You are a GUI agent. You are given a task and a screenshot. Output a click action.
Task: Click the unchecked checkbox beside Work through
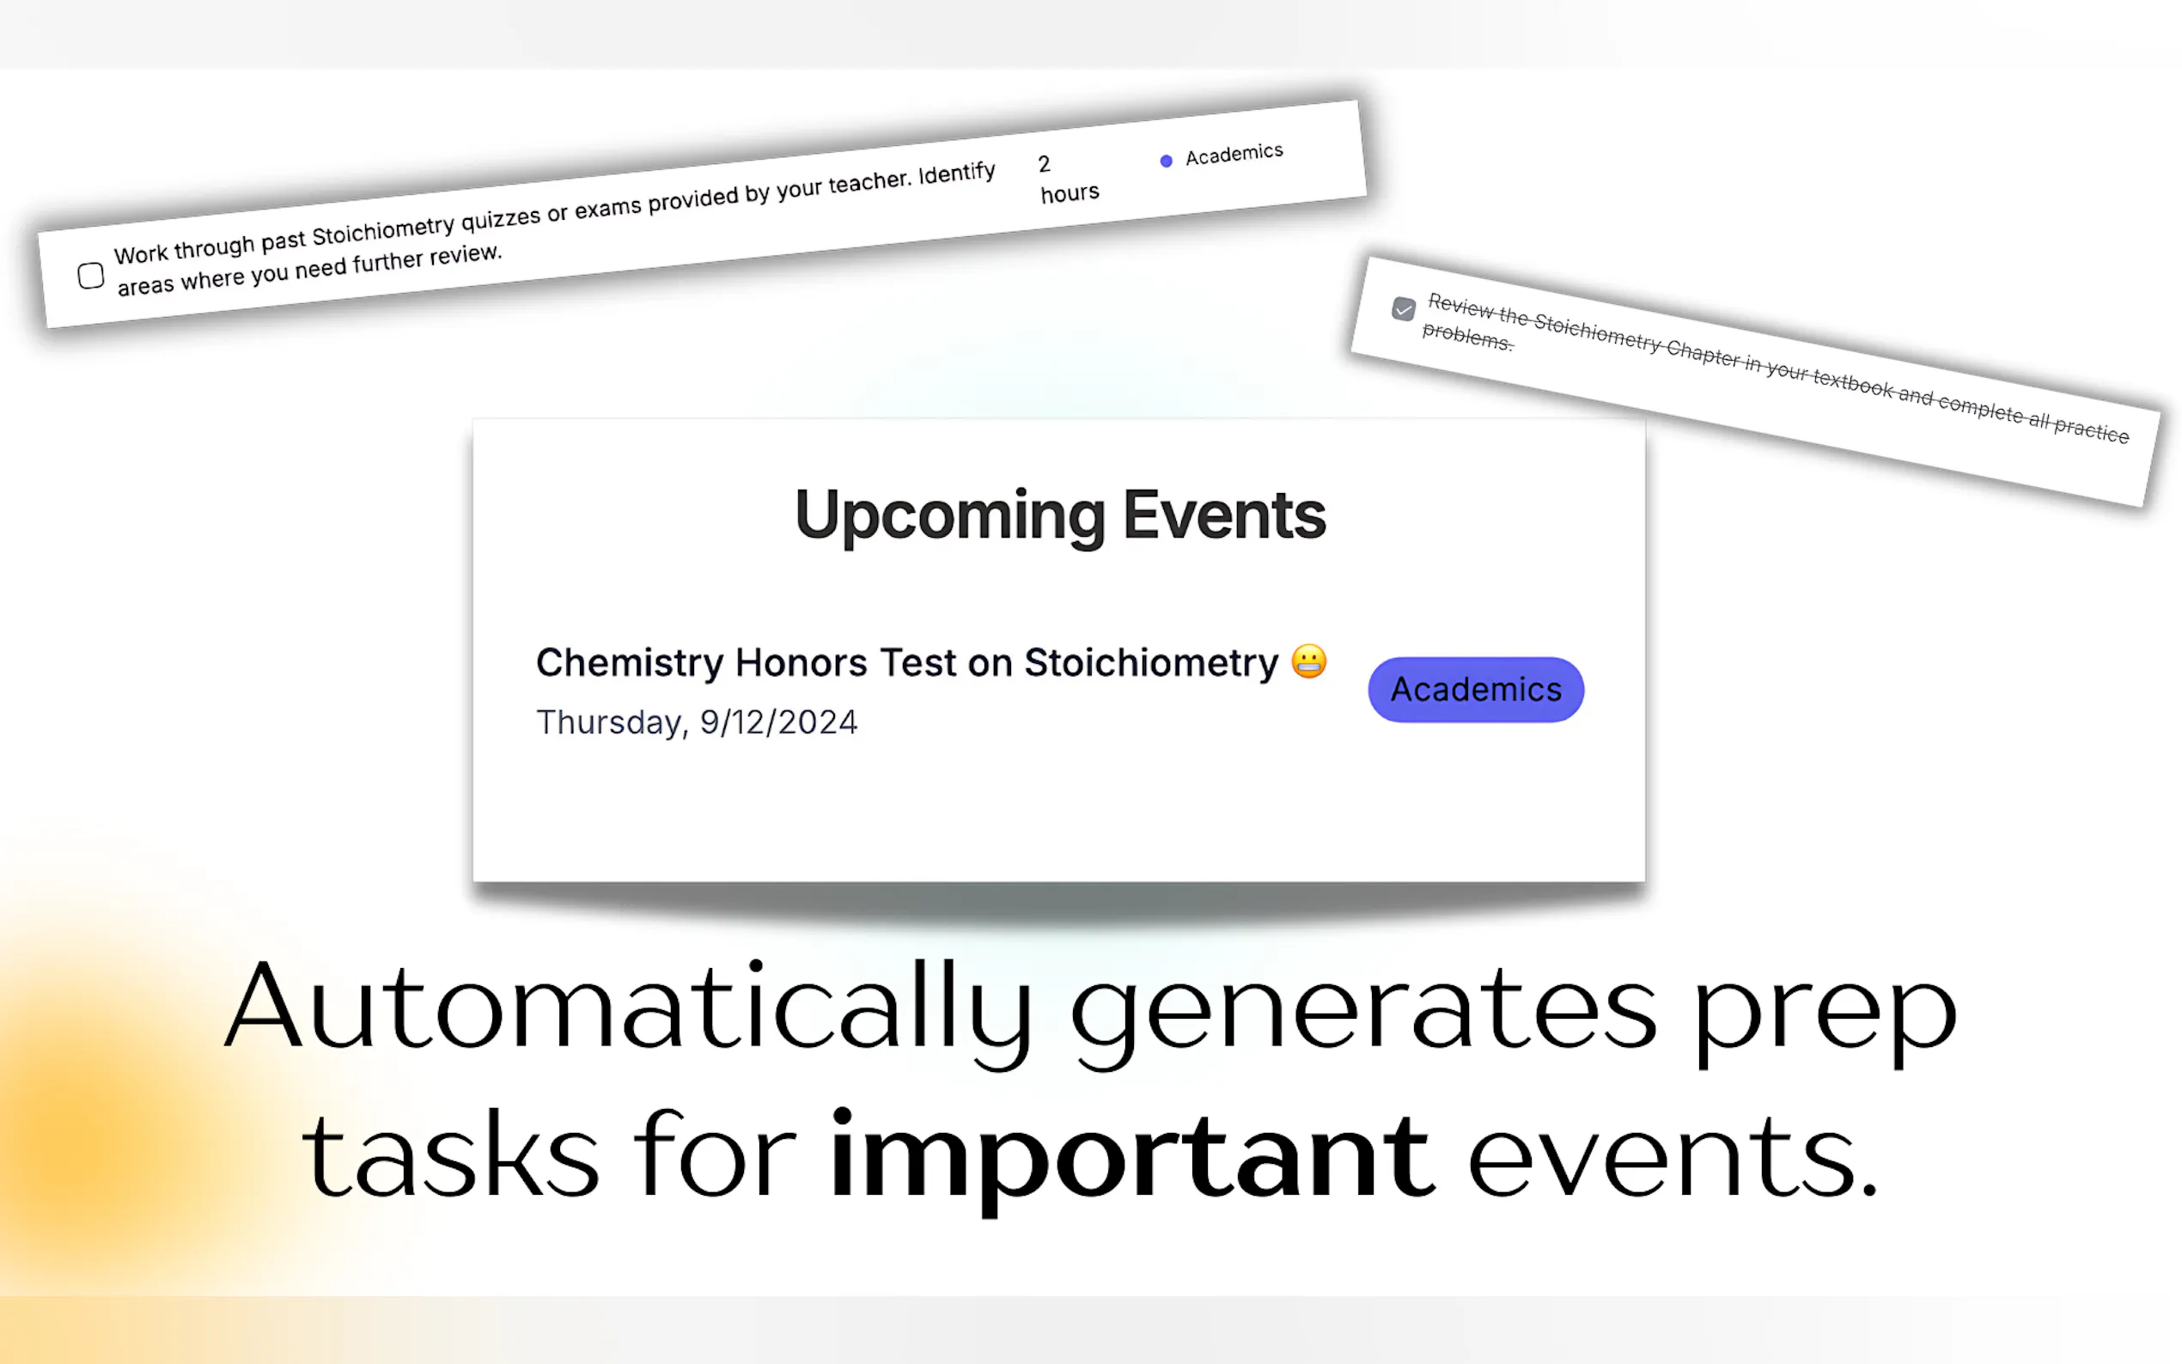tap(90, 275)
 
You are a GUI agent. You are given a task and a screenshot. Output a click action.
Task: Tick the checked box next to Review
tap(1403, 309)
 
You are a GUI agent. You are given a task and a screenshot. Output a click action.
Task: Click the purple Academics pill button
tap(1476, 689)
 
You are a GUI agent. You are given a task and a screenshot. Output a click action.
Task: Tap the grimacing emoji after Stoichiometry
tap(1308, 661)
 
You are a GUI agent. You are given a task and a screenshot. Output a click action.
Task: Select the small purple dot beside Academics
tap(1167, 161)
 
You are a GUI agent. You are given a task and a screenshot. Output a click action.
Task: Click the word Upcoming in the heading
tap(950, 516)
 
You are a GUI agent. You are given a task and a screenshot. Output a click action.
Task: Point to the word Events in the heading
tap(1224, 515)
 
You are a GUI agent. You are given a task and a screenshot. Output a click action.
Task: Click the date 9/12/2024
tap(778, 722)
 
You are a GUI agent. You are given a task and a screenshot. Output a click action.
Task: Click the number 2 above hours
tap(1044, 164)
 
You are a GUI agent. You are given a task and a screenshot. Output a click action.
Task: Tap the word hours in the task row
tap(1070, 193)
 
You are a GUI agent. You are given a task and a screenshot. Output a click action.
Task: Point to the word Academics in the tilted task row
tap(1234, 155)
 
